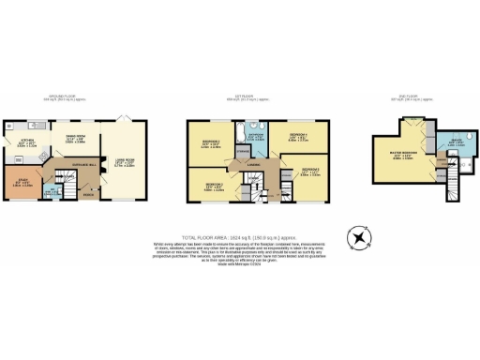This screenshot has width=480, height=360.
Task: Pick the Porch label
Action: click(87, 194)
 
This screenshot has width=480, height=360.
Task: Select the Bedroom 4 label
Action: click(297, 138)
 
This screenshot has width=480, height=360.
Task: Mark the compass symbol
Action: click(357, 239)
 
